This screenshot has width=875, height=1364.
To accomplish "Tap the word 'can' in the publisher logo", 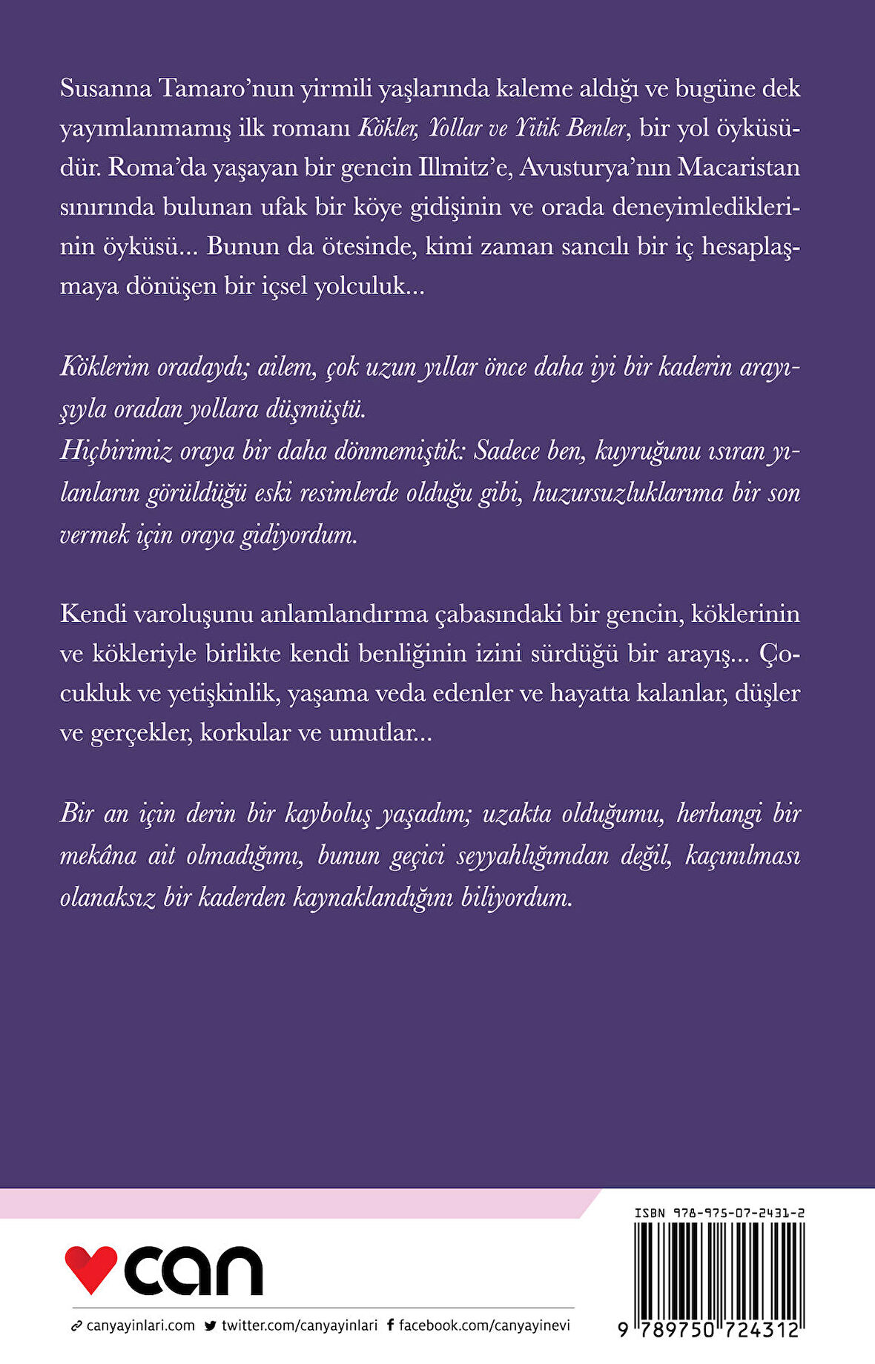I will [x=194, y=1271].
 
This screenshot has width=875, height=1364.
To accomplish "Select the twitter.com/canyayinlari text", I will [x=299, y=1326].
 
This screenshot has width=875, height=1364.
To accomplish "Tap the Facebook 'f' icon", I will [x=390, y=1326].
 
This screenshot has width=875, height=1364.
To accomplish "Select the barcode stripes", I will [x=719, y=1268].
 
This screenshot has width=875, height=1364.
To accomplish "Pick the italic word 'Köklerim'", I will [x=105, y=368].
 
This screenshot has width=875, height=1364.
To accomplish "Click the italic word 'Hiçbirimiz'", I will [x=116, y=451].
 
